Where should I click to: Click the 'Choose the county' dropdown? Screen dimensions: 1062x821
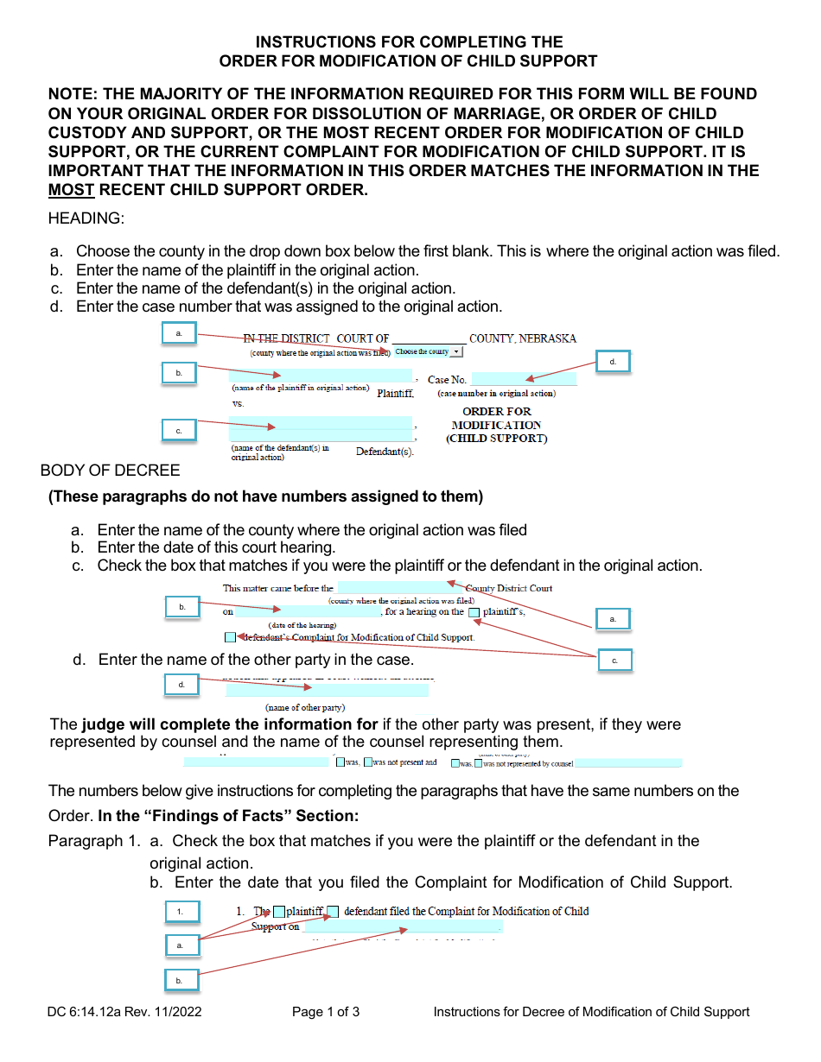click(x=429, y=352)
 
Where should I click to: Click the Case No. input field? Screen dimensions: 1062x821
click(x=524, y=379)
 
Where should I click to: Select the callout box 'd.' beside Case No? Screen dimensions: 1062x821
click(x=613, y=362)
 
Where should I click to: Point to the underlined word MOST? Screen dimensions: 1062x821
click(x=71, y=190)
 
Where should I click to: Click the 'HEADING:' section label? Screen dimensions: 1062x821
click(x=86, y=218)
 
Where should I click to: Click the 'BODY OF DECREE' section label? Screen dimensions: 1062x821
click(x=111, y=471)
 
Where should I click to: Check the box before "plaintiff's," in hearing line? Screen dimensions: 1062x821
click(x=474, y=613)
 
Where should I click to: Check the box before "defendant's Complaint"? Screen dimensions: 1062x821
click(x=230, y=638)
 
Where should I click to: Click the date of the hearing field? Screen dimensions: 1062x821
click(x=308, y=612)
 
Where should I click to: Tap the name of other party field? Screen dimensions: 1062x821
click(x=327, y=690)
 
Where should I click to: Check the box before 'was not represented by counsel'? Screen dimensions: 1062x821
click(x=478, y=763)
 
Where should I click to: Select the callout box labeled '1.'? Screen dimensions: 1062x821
click(x=181, y=912)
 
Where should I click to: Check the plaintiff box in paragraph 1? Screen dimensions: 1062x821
click(x=279, y=912)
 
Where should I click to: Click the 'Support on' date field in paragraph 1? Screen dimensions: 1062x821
click(x=402, y=927)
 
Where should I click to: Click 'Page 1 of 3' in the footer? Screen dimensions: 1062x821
click(x=326, y=1012)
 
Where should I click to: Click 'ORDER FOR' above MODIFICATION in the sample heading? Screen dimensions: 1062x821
click(x=497, y=412)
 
